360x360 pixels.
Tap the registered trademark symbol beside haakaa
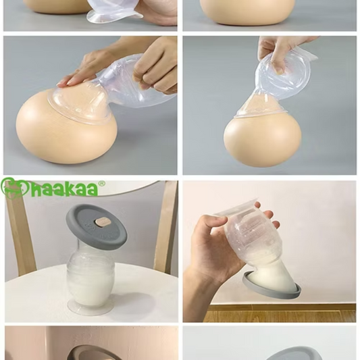102,184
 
